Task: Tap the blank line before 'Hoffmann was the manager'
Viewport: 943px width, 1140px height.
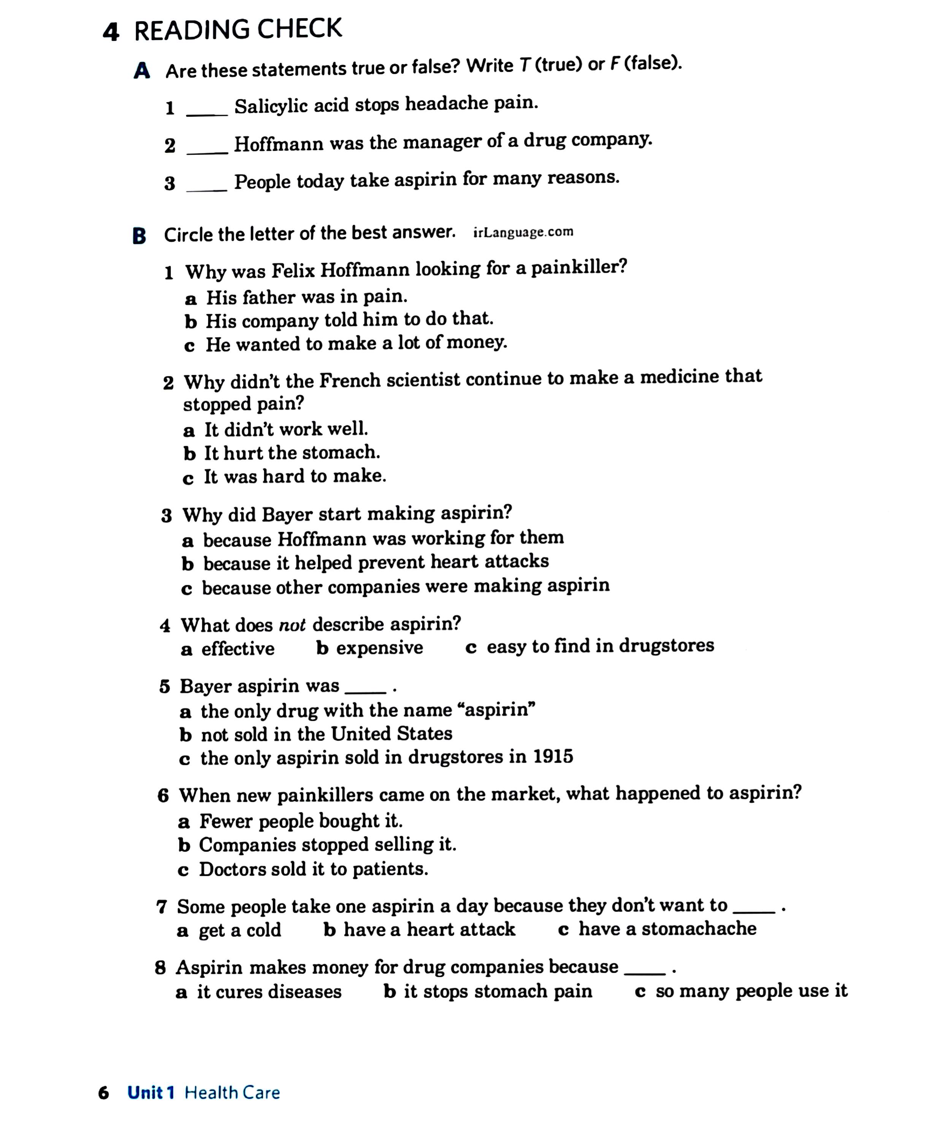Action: (x=206, y=152)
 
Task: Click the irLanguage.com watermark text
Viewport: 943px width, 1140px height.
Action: (x=523, y=232)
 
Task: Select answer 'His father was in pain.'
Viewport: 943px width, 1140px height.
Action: (x=306, y=297)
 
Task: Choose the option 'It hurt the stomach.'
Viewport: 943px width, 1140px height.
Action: (x=292, y=452)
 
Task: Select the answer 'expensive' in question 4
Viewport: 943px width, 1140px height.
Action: (x=379, y=648)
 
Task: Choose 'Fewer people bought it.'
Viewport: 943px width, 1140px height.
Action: (x=301, y=821)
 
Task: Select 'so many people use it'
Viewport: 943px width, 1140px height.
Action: (x=751, y=991)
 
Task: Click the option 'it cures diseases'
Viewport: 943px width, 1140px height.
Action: (x=269, y=992)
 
